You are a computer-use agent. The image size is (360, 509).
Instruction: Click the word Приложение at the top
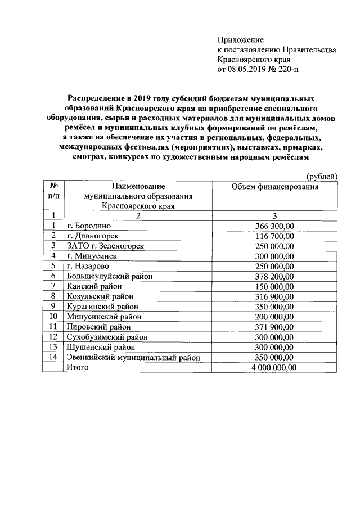240,39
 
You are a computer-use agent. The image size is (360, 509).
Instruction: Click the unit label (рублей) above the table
321,177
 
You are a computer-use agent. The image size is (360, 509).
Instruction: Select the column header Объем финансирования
275,186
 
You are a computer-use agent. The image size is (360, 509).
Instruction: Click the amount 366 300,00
274,225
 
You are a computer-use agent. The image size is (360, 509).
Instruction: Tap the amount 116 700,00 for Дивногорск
274,235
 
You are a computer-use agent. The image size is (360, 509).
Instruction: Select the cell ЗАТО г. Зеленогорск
105,245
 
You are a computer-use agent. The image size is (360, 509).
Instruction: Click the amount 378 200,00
274,276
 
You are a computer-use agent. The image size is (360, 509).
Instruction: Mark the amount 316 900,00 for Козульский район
274,296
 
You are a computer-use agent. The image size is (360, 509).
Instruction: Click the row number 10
53,316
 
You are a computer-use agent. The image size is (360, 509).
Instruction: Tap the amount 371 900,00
274,326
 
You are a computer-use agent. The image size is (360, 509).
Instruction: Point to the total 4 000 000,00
274,367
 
